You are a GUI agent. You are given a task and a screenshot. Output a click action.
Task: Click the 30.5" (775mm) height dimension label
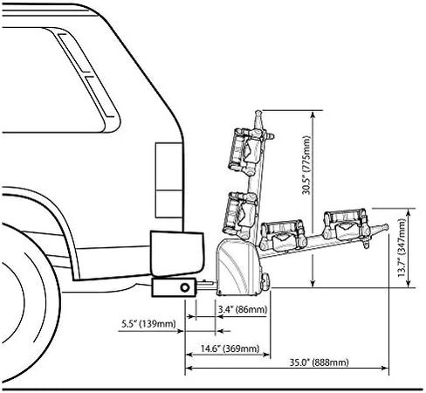[306, 165]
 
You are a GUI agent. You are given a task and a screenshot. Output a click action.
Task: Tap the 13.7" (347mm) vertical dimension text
[402, 248]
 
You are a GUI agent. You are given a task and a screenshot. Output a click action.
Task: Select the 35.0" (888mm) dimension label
[319, 362]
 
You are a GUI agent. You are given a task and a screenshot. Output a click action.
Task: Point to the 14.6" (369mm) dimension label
[230, 348]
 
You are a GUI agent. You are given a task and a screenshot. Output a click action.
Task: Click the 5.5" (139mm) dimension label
[148, 324]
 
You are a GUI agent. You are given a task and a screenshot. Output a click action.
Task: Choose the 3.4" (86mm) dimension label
[243, 309]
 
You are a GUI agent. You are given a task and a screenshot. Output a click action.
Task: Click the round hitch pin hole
[185, 287]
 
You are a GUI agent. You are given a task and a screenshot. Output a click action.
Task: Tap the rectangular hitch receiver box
[174, 287]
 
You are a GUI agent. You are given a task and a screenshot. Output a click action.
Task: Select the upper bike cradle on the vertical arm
[244, 151]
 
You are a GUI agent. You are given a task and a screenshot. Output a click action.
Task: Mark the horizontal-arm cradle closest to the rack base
[284, 236]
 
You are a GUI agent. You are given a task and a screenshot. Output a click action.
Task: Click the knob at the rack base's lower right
[265, 282]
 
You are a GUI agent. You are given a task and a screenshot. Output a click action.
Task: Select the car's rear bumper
[176, 253]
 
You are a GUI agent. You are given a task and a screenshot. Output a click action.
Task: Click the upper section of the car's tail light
[168, 167]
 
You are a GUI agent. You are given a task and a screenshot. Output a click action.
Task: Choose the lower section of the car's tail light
[168, 204]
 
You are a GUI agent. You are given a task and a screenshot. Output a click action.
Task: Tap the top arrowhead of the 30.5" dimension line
[313, 114]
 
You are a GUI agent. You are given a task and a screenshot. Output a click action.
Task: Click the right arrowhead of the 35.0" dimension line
[385, 369]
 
